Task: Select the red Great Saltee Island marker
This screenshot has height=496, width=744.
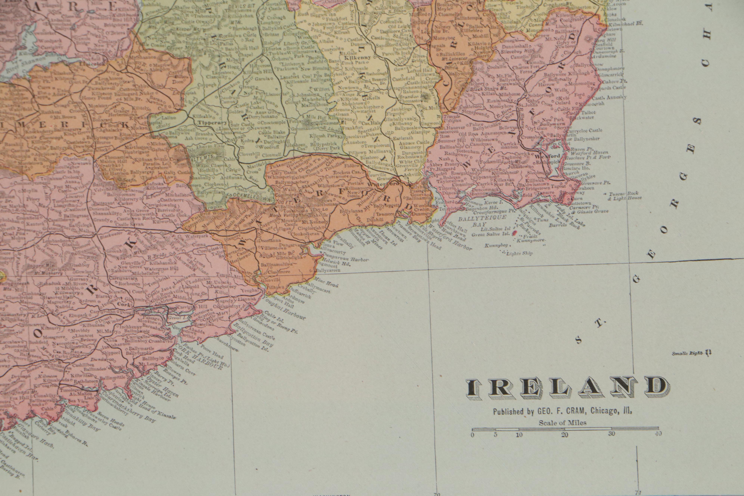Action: pyautogui.click(x=513, y=232)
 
